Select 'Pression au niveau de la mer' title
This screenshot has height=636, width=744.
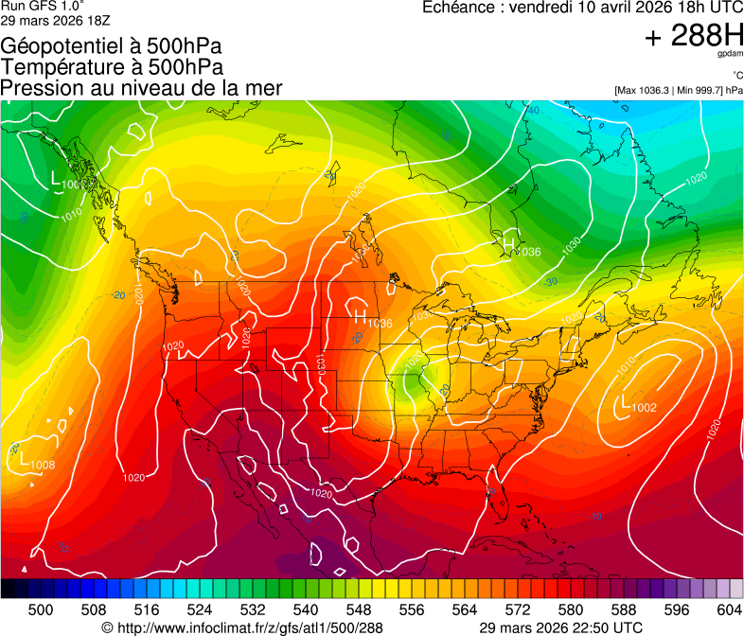pyautogui.click(x=141, y=88)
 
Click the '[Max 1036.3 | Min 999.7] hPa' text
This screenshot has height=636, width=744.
pyautogui.click(x=679, y=90)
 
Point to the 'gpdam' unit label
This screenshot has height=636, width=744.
pyautogui.click(x=729, y=55)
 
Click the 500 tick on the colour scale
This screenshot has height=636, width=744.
pyautogui.click(x=41, y=609)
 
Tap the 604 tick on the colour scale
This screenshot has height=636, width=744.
pyautogui.click(x=728, y=609)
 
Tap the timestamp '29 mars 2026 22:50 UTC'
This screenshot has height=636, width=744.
pyautogui.click(x=561, y=627)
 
